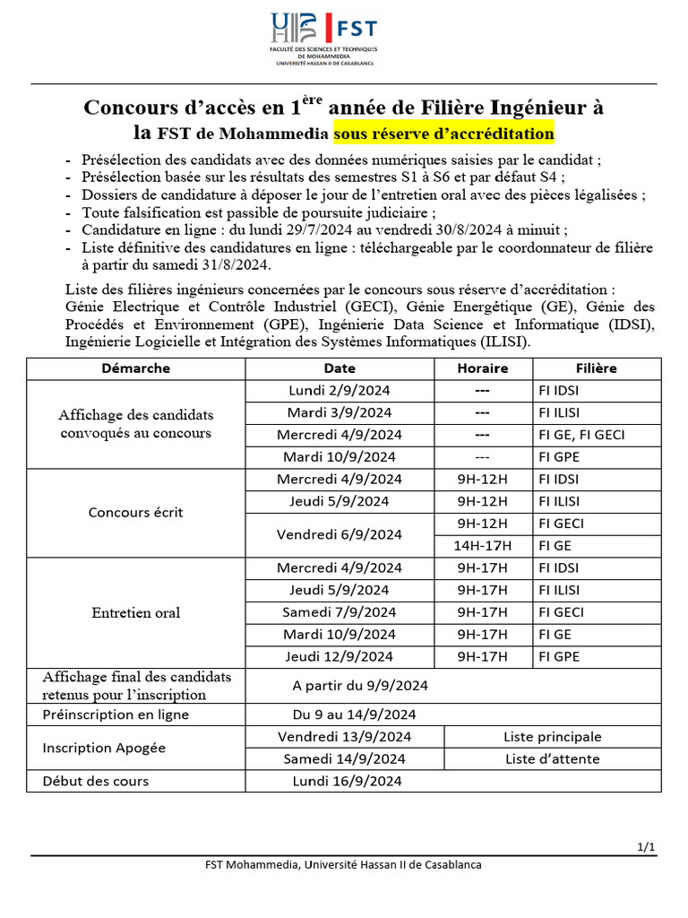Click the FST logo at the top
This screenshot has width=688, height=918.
click(323, 38)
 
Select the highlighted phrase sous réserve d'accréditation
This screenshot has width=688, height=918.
click(443, 134)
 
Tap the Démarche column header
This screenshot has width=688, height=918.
click(135, 368)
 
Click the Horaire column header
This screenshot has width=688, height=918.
click(482, 368)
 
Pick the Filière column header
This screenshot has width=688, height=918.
click(596, 368)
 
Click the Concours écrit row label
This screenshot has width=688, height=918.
click(135, 513)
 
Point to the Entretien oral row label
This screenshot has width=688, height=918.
click(135, 613)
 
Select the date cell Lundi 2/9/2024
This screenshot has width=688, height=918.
click(339, 391)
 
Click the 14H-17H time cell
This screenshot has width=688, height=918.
click(482, 545)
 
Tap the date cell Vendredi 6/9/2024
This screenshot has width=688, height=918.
click(339, 534)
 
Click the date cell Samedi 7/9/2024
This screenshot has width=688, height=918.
click(339, 612)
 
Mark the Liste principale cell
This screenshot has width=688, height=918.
click(552, 737)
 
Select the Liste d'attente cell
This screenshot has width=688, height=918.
click(552, 759)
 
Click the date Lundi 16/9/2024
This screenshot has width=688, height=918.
click(347, 781)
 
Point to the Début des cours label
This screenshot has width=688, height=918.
click(96, 781)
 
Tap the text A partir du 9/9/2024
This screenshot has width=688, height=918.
click(360, 686)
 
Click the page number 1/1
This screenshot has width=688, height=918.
click(647, 847)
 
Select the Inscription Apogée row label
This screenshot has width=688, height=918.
click(104, 748)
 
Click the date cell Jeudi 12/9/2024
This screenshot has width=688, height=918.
click(339, 657)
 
